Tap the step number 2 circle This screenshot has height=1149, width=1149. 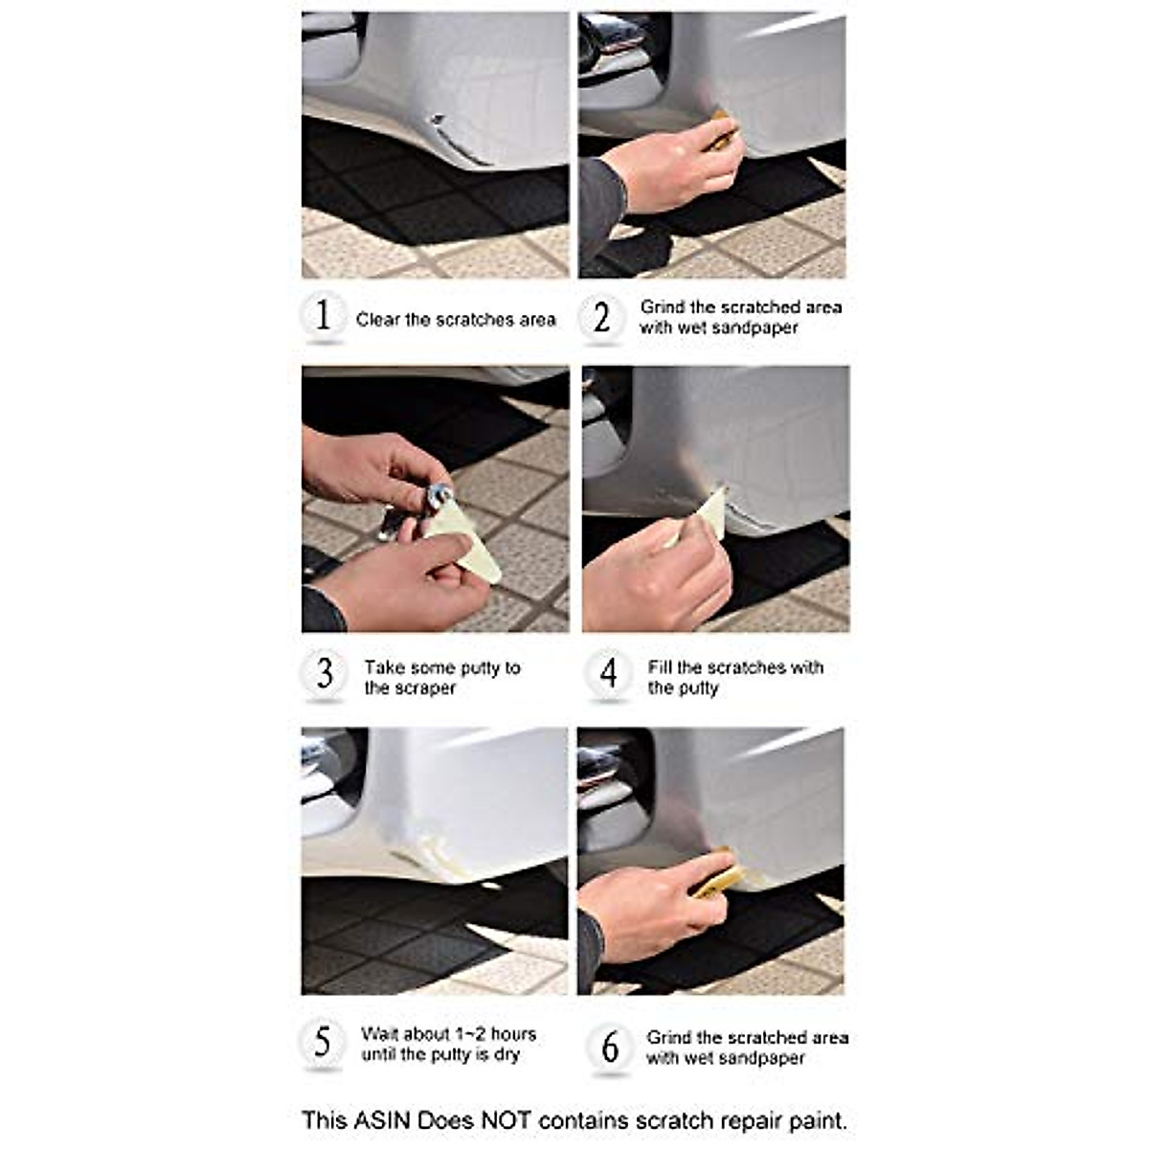pyautogui.click(x=601, y=316)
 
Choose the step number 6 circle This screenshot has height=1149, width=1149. pyautogui.click(x=610, y=1047)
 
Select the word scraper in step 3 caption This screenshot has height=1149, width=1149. pyautogui.click(x=423, y=688)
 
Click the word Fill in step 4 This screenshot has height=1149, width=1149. pyautogui.click(x=660, y=667)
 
